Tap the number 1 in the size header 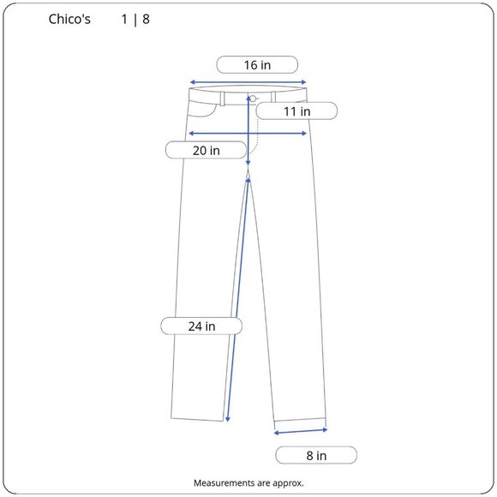(125, 19)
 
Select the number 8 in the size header (147, 19)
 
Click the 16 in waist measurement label (257, 64)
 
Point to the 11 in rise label (296, 111)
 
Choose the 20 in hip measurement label (206, 150)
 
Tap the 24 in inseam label (202, 326)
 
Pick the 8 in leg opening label (315, 455)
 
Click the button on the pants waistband (254, 99)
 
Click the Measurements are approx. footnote (248, 483)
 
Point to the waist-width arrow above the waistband (248, 82)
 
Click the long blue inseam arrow (239, 300)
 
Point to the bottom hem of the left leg (200, 417)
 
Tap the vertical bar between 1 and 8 (135, 19)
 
